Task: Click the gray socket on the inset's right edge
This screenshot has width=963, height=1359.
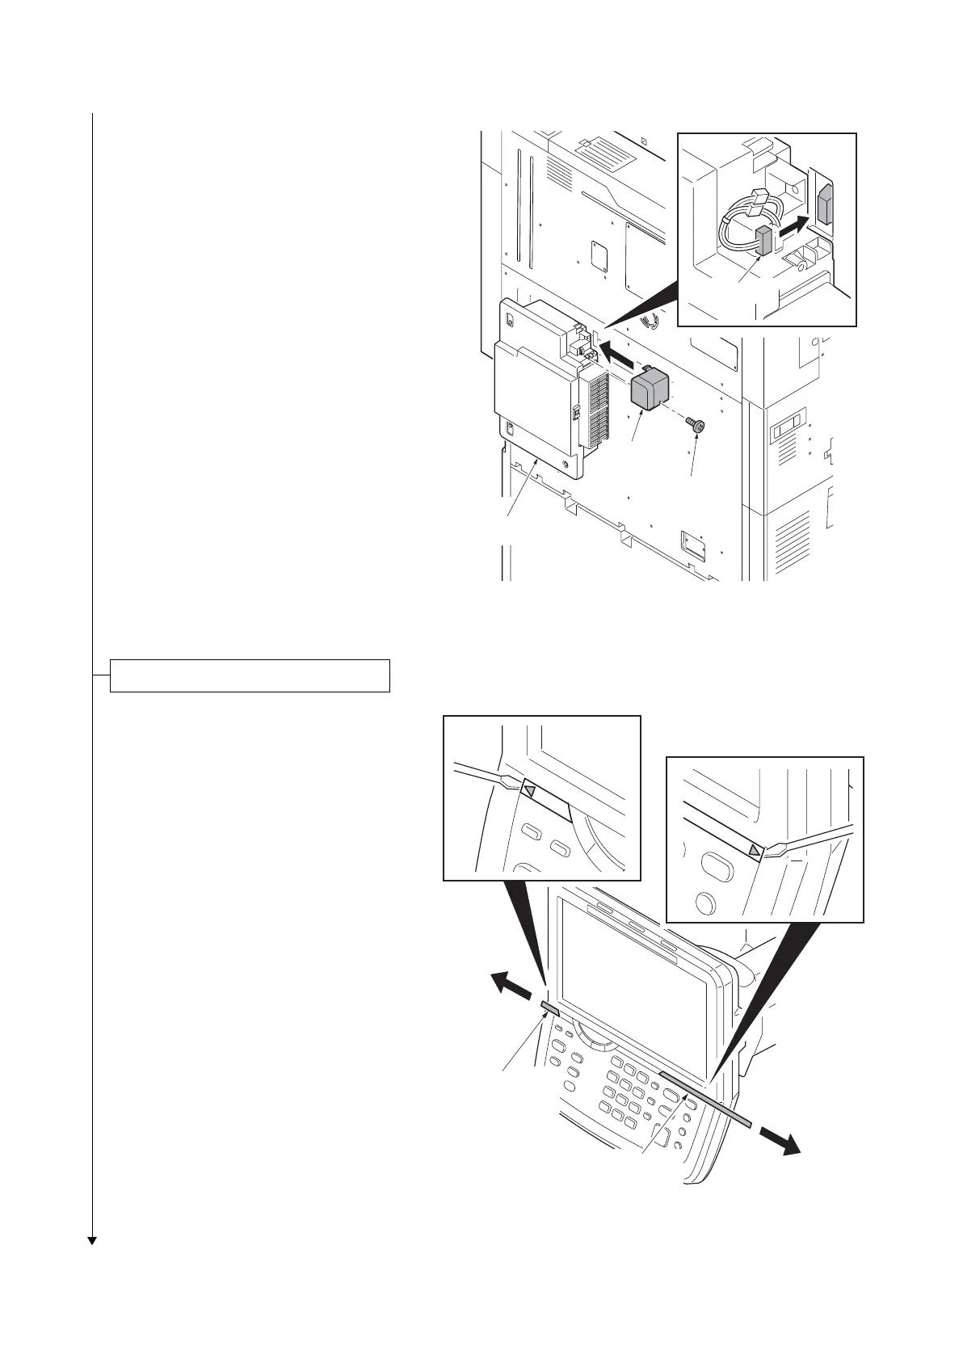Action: (824, 205)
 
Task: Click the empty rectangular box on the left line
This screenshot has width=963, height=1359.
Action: (250, 675)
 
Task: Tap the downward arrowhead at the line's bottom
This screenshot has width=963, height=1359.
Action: (92, 1240)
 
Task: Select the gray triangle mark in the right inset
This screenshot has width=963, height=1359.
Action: (754, 850)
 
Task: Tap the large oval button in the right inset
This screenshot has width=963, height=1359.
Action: (716, 866)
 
